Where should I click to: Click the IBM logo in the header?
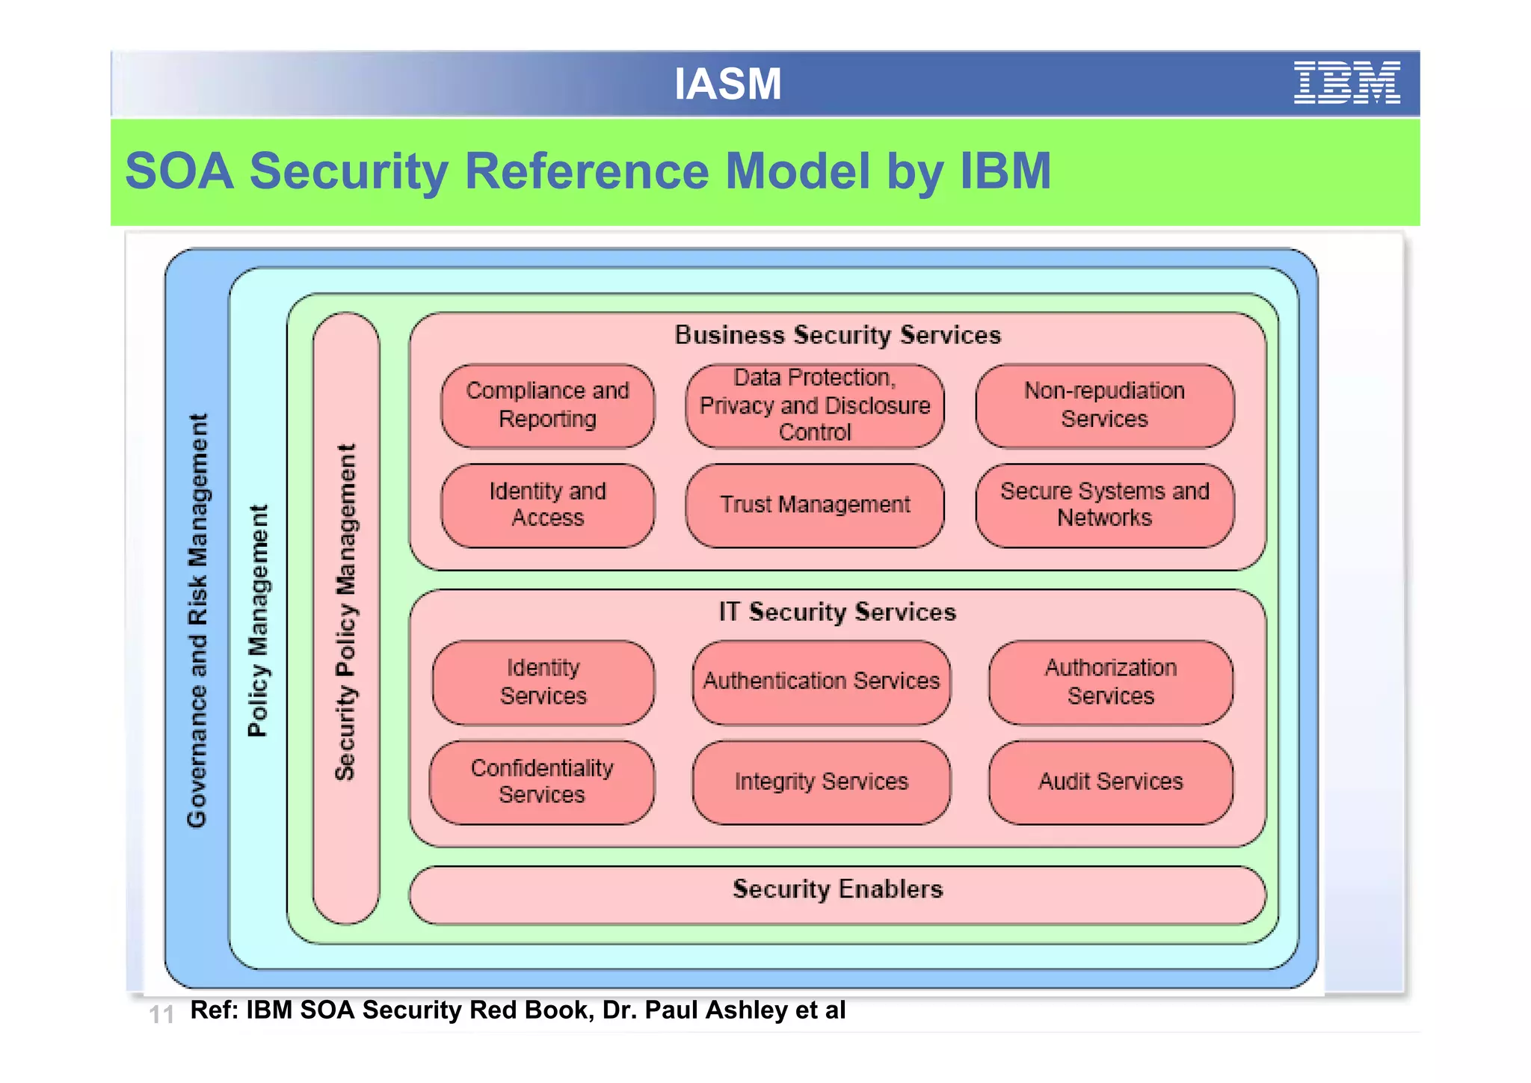tap(1346, 82)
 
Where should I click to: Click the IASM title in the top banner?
tap(727, 83)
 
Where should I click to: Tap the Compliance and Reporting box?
tap(547, 405)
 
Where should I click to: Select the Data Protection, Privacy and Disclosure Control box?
tap(815, 405)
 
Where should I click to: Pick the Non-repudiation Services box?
tap(1104, 405)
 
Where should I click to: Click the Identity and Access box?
tap(547, 505)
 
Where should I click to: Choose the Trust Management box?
tap(815, 505)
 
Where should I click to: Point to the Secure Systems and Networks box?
tap(1104, 505)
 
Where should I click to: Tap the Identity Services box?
tap(543, 681)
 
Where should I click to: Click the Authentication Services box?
tap(821, 681)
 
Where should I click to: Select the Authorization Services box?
tap(1110, 681)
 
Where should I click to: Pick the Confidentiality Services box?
tap(541, 782)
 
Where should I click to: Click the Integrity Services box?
tap(821, 782)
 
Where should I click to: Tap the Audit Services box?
tap(1110, 782)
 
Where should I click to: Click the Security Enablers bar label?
tap(837, 889)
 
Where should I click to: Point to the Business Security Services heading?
tap(837, 335)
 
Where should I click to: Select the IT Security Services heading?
tap(837, 612)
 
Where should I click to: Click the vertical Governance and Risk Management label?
tap(197, 621)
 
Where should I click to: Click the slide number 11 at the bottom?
tap(161, 1014)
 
